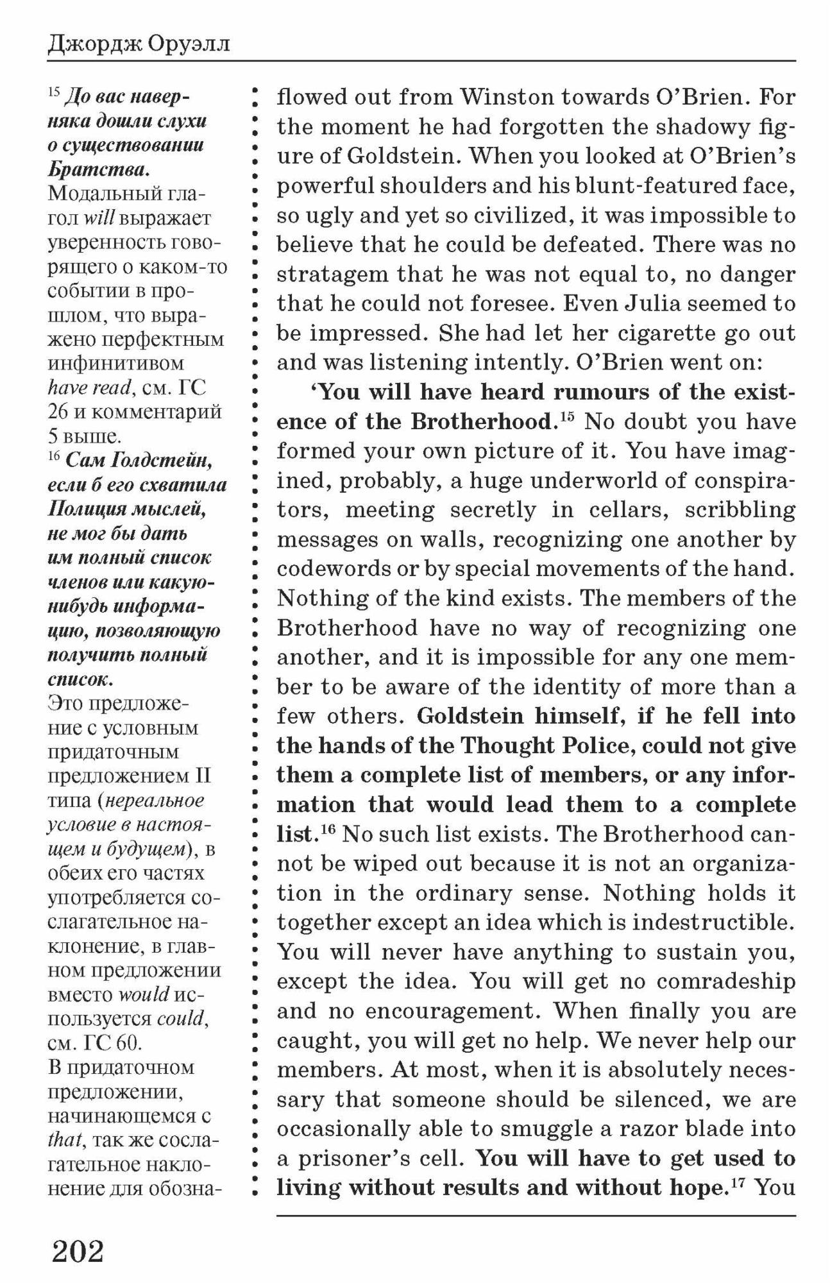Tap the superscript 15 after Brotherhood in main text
[566, 418]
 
